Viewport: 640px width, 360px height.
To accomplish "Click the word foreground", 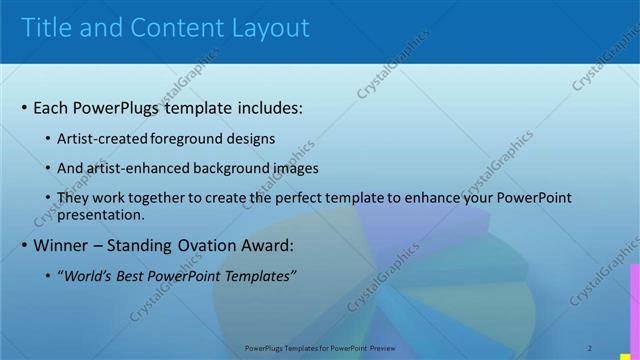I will pos(188,138).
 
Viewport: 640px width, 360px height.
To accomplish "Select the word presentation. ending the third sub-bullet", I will pos(101,214).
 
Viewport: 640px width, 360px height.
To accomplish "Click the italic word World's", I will pos(87,276).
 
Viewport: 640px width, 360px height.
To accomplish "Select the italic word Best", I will pos(131,276).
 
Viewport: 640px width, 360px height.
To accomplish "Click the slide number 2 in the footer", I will pos(590,348).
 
